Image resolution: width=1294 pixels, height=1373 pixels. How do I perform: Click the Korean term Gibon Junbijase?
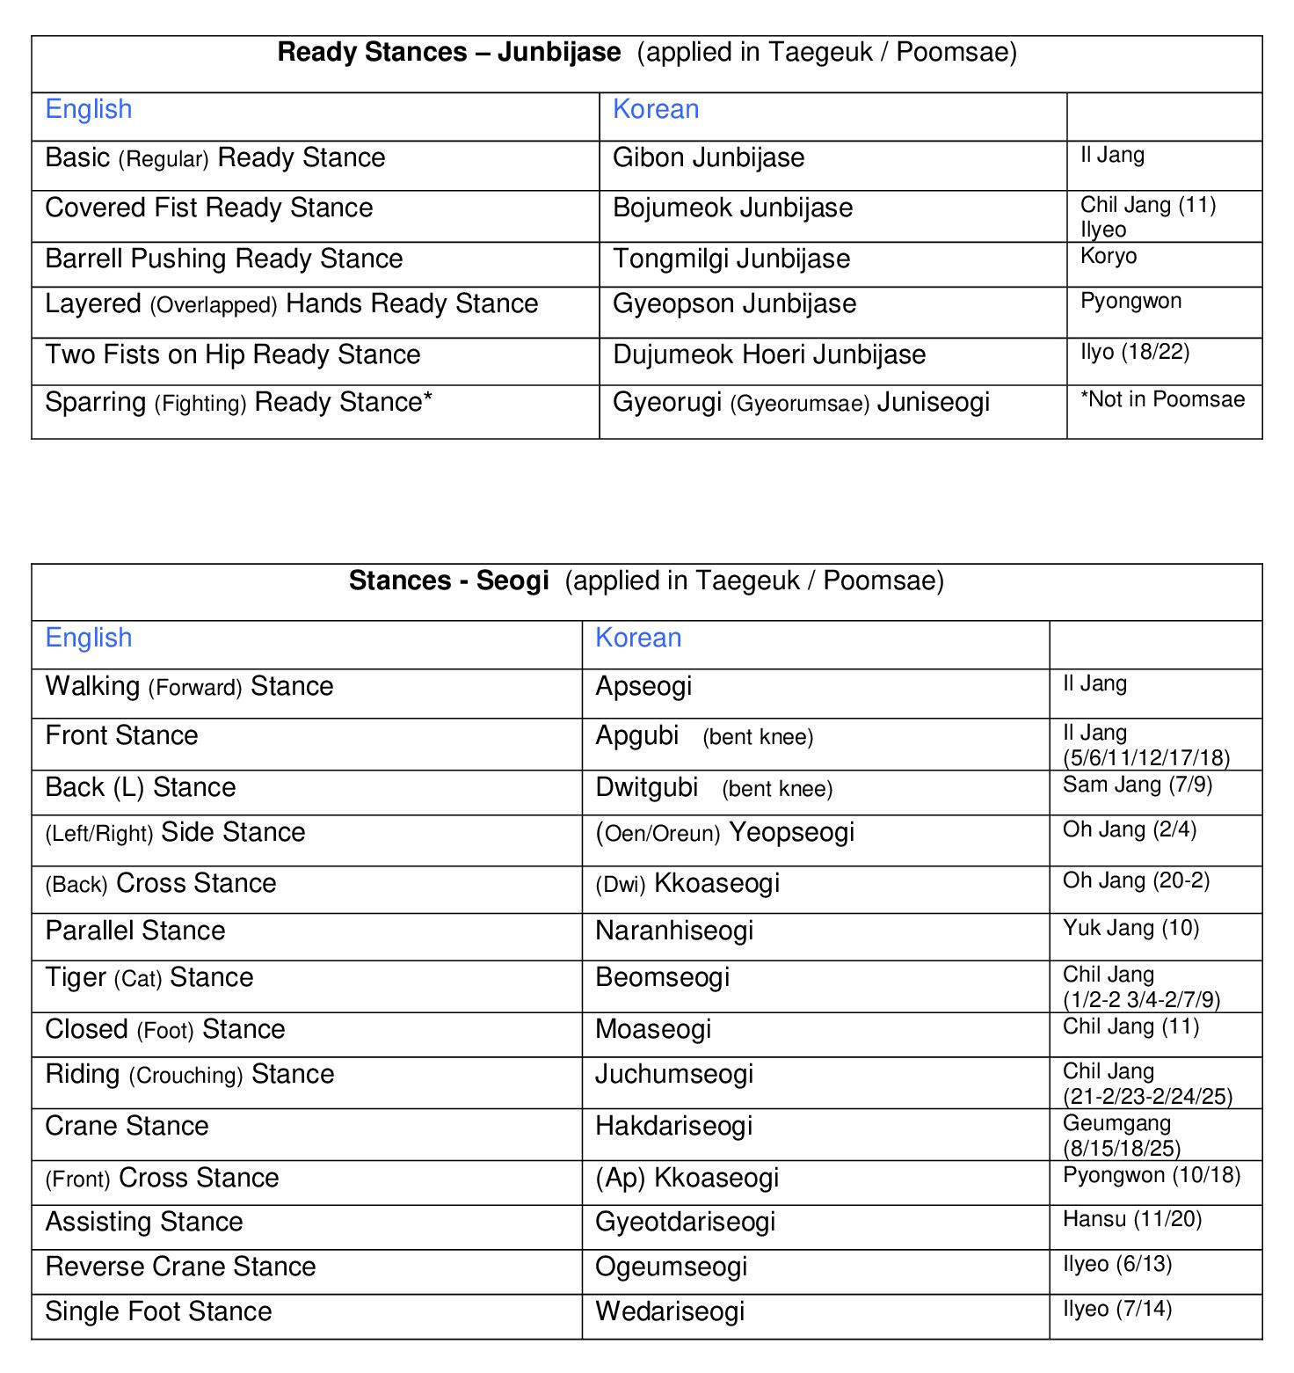(709, 158)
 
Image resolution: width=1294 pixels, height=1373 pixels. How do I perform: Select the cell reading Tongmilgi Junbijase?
(731, 259)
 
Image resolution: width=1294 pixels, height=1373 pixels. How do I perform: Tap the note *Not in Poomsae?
(1162, 400)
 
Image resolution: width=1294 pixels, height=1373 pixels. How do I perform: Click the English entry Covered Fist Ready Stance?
(209, 208)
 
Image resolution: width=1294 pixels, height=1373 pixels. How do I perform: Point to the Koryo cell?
(1109, 257)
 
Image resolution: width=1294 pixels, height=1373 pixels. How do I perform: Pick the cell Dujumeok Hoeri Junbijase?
(769, 355)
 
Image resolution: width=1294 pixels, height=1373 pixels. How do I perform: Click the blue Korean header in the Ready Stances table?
(656, 110)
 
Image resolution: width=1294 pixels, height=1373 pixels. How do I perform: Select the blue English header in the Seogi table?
(89, 639)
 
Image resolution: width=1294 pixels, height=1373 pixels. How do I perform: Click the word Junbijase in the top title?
(559, 53)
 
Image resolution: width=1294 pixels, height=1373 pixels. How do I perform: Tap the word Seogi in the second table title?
(513, 581)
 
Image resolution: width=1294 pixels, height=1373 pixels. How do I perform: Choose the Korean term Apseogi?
(643, 687)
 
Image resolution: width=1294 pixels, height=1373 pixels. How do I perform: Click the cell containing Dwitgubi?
(647, 788)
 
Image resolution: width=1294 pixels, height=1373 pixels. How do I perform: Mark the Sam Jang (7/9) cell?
(1138, 785)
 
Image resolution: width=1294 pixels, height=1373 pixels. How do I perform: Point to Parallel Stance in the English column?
(135, 931)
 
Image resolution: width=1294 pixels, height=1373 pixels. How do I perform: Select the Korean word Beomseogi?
(663, 978)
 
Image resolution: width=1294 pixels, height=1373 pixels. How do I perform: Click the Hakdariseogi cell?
(674, 1127)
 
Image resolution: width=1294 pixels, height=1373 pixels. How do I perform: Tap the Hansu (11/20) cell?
(1132, 1220)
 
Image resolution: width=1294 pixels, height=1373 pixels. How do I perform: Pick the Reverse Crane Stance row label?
(180, 1267)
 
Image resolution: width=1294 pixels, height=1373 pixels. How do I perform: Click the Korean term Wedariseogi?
(670, 1312)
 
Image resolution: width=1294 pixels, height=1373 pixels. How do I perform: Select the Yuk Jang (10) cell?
(1130, 929)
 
